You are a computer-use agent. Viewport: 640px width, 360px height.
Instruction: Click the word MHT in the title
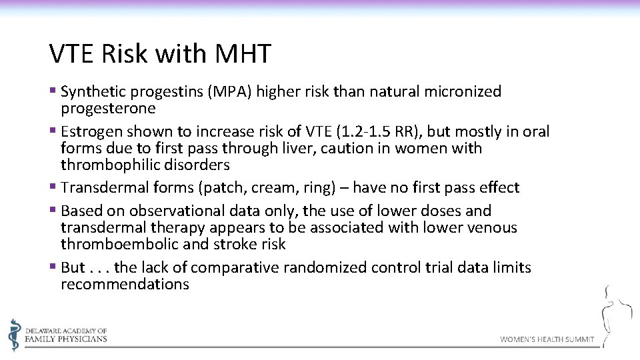tap(243, 54)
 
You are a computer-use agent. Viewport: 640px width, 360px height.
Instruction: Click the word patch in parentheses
tap(223, 188)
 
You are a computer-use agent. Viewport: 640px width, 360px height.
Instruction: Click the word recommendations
tap(125, 285)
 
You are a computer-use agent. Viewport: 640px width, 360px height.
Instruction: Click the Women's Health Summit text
tap(547, 339)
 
